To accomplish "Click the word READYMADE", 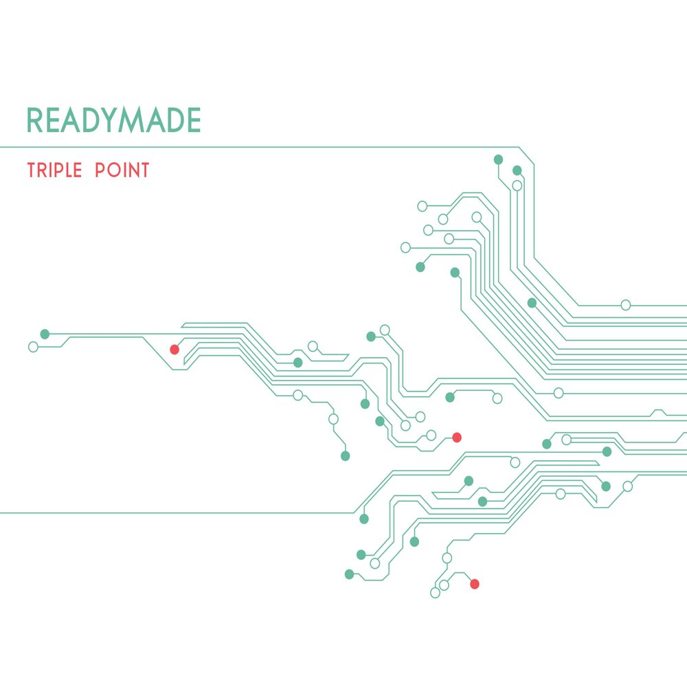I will (113, 121).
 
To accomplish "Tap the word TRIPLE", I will (56, 170).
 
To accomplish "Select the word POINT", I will (122, 170).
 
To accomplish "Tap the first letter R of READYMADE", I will (35, 121).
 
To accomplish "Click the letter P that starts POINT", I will (100, 170).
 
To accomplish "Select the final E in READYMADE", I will (193, 121).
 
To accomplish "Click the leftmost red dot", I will (174, 350).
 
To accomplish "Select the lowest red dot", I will (474, 584).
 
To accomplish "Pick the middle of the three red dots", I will (457, 437).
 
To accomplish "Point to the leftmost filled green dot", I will (45, 334).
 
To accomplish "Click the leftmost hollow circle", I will (33, 347).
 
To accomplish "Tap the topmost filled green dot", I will (499, 159).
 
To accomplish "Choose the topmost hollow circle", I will (517, 185).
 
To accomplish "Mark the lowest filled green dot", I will (349, 574).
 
